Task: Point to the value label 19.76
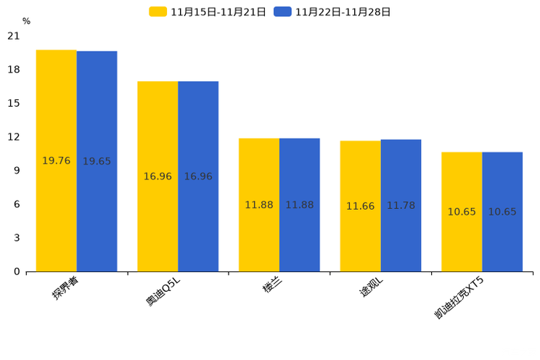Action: pos(57,161)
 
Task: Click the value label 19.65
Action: pos(97,161)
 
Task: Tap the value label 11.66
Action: pos(360,206)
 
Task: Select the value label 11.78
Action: pos(401,206)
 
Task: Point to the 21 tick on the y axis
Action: pos(14,36)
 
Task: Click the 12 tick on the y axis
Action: pos(14,137)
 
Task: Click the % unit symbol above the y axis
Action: pos(26,21)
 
